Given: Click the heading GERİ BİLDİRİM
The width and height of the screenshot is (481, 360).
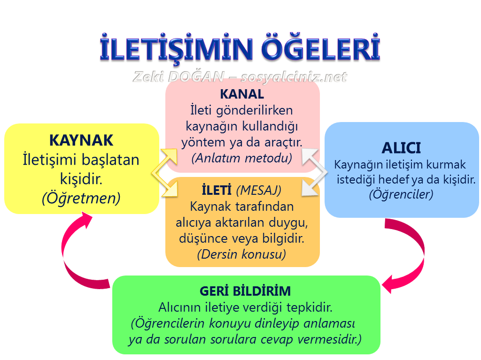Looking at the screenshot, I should pos(245,291).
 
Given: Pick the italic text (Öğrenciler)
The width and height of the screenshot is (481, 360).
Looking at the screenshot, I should pos(401,193).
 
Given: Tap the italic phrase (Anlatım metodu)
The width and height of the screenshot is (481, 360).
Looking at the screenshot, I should pos(242,158).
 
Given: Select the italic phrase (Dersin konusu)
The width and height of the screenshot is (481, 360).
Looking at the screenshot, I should pos(242,254).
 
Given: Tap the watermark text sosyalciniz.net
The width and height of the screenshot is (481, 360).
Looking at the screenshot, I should pos(293,77).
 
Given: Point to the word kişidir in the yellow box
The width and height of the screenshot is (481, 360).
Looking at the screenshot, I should pos(81,179).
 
